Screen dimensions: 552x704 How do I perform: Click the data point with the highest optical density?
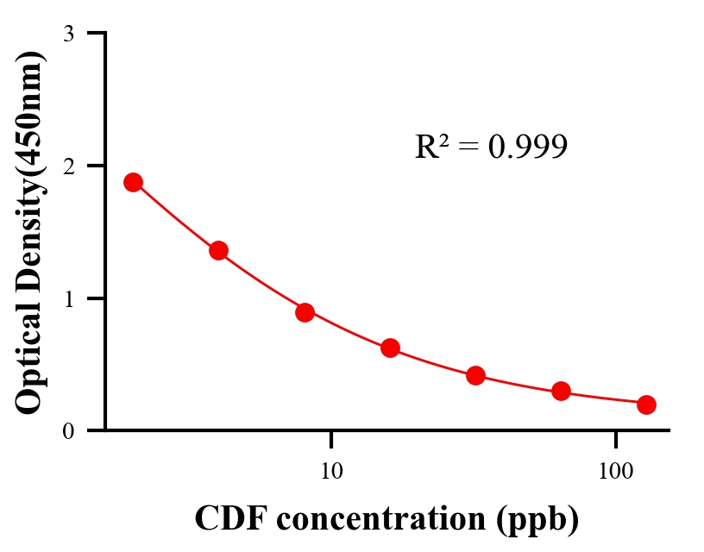point(133,182)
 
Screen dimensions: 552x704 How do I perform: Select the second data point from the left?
point(218,251)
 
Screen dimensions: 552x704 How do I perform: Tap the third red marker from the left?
point(305,312)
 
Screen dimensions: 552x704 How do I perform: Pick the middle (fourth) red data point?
point(390,348)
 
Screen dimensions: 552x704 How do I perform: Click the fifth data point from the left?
point(475,375)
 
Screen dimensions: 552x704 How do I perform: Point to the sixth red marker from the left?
point(561,392)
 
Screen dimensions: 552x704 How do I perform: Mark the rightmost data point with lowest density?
point(646,405)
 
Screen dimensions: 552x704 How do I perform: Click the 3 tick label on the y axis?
point(68,34)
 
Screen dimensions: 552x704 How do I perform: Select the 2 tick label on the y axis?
point(68,166)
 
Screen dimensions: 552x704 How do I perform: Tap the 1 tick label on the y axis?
point(68,298)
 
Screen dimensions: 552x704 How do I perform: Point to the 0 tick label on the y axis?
point(68,431)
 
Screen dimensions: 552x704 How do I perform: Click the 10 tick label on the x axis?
point(331,471)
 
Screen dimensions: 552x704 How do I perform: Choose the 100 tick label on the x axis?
point(615,471)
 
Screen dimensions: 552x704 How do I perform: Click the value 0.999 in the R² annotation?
point(528,147)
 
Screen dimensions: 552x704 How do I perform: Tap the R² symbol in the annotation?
point(431,147)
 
